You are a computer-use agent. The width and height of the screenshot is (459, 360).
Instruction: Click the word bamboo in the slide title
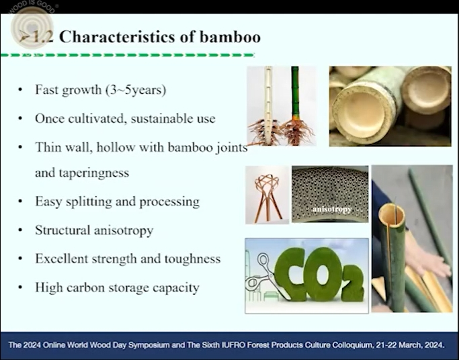click(230, 37)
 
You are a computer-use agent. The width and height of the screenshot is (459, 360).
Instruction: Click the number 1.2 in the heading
click(43, 37)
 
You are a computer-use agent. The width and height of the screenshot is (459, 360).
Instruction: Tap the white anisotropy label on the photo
click(332, 210)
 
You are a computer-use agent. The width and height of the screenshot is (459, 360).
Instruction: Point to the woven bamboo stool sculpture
click(267, 195)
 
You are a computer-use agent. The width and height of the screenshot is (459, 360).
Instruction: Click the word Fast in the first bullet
click(46, 89)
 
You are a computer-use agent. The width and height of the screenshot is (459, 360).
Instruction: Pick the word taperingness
click(94, 173)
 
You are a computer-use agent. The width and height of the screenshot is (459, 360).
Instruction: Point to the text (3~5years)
click(136, 90)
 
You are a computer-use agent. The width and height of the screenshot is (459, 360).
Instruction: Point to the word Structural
click(62, 230)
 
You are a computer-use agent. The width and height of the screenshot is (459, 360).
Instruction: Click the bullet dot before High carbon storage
click(20, 287)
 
